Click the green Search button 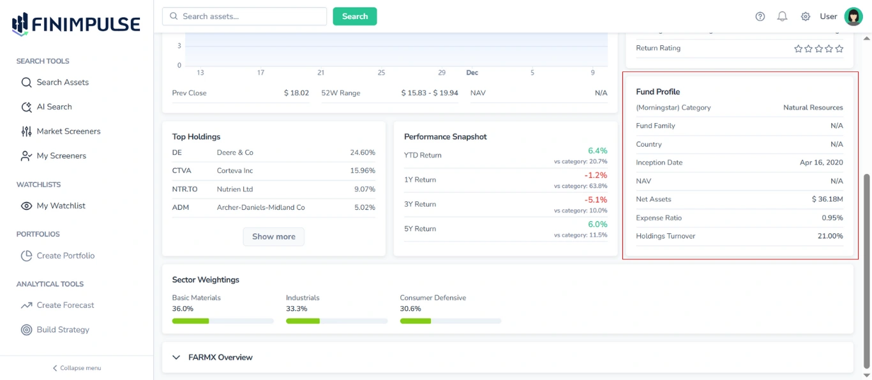click(x=354, y=17)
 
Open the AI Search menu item click(x=54, y=107)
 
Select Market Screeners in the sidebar click(x=68, y=131)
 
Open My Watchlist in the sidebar click(x=61, y=206)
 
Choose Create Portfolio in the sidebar click(x=65, y=256)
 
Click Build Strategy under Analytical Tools click(x=63, y=330)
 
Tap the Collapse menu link click(x=77, y=368)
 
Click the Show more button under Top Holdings click(x=273, y=237)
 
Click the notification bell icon click(x=782, y=17)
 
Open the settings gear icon click(x=806, y=17)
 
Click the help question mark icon click(x=760, y=17)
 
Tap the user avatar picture click(x=853, y=17)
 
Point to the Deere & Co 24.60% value click(x=363, y=153)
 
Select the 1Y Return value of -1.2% click(x=596, y=175)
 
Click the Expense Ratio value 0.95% click(x=832, y=218)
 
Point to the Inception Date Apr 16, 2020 click(x=821, y=163)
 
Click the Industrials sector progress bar click(x=336, y=321)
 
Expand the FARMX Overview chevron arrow click(x=177, y=358)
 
